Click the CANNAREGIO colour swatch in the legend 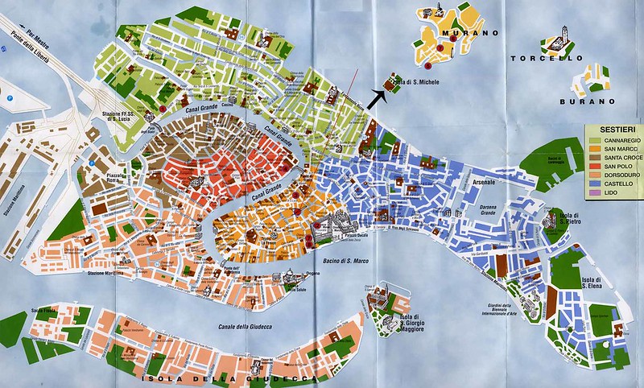593,140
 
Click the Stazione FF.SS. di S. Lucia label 121,119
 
